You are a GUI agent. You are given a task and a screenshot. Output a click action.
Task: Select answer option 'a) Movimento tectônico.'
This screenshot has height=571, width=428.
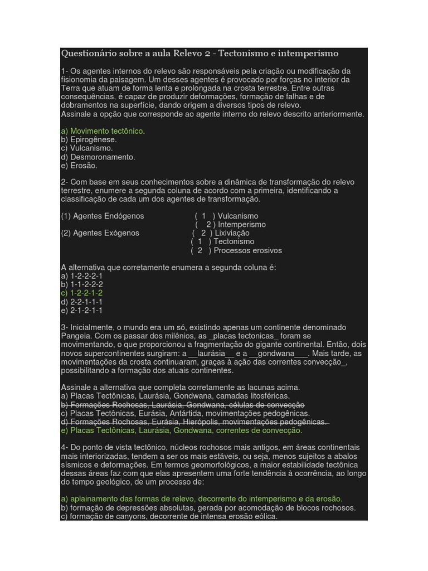(x=103, y=131)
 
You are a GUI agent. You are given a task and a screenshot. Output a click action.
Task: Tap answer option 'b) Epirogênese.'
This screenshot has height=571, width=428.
(x=89, y=139)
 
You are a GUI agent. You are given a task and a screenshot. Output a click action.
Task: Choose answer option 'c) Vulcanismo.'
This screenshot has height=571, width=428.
(x=87, y=148)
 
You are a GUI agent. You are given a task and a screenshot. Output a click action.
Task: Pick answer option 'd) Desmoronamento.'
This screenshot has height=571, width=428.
(x=98, y=157)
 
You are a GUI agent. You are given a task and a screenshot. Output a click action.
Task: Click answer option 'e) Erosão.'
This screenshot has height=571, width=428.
(x=79, y=166)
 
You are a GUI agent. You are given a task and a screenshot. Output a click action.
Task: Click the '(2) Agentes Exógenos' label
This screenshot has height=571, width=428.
(x=100, y=233)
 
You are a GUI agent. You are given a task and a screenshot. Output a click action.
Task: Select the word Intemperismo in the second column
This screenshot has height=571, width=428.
(x=242, y=225)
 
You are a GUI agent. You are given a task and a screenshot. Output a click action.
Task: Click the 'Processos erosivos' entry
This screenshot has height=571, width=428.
(x=247, y=250)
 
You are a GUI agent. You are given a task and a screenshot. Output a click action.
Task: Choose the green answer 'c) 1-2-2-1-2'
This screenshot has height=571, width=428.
(x=82, y=293)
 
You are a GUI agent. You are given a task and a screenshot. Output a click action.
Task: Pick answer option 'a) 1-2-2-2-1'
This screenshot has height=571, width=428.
(x=82, y=276)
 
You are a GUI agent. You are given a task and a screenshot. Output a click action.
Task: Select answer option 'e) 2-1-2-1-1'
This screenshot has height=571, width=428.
(x=82, y=310)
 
